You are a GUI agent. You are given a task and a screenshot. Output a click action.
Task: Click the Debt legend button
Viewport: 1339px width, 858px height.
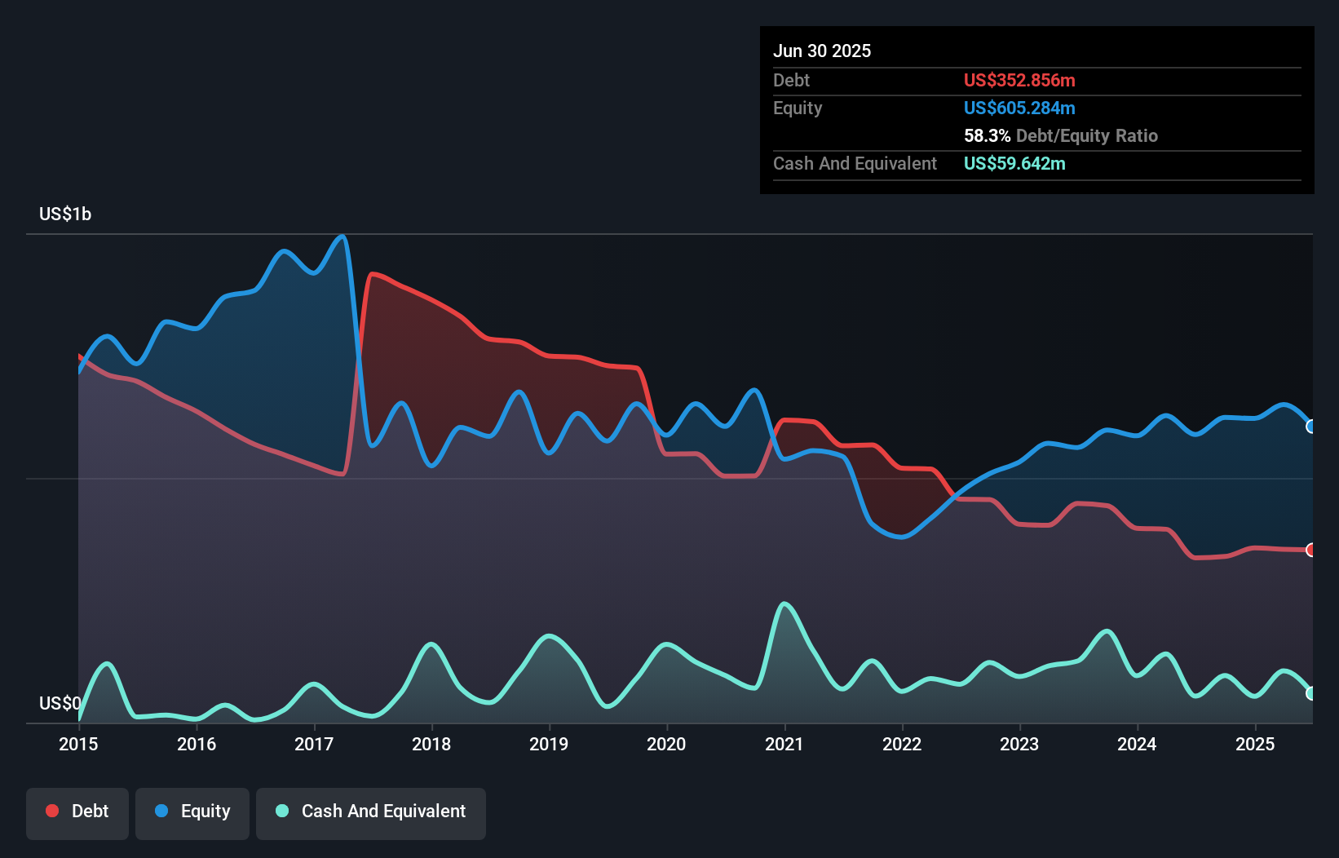click(x=77, y=812)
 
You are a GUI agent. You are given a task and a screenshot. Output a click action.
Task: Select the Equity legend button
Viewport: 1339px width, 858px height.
click(x=192, y=812)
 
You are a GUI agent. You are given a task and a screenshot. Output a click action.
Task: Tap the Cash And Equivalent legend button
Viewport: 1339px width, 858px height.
click(x=371, y=812)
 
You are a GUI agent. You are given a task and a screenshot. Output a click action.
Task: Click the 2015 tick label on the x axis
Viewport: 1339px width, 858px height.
click(x=78, y=744)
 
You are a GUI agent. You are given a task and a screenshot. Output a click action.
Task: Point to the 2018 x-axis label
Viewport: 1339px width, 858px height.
click(x=431, y=744)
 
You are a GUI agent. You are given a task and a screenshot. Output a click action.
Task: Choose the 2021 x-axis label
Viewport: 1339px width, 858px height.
click(x=784, y=744)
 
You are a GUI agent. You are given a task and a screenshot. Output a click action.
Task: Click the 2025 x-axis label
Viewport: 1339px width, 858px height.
click(x=1254, y=744)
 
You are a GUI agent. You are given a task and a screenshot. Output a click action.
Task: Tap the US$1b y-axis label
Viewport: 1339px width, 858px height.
click(x=65, y=214)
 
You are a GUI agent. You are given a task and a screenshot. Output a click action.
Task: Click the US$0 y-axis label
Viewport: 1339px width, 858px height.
click(x=60, y=703)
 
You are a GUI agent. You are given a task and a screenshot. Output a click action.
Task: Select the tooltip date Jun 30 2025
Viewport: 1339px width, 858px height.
click(x=822, y=51)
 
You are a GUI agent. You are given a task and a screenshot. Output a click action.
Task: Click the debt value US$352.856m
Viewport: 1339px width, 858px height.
click(x=1019, y=80)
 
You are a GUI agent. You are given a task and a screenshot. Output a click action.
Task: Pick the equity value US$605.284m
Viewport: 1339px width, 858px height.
click(x=1019, y=108)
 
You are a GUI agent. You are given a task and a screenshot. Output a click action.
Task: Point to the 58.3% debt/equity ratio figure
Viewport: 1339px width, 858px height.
click(x=987, y=135)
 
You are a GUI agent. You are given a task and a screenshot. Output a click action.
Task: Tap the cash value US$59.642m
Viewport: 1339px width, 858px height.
click(x=1014, y=163)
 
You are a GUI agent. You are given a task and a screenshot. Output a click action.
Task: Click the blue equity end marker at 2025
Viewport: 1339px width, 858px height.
click(x=1310, y=427)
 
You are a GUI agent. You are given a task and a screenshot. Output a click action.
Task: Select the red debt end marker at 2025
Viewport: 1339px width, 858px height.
click(x=1310, y=550)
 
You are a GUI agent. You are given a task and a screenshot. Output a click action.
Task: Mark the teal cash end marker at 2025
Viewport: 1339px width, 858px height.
click(x=1310, y=693)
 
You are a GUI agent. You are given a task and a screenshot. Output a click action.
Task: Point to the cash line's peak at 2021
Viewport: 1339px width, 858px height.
click(x=784, y=604)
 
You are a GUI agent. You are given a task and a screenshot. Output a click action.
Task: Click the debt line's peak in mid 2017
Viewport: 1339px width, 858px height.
click(x=372, y=274)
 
